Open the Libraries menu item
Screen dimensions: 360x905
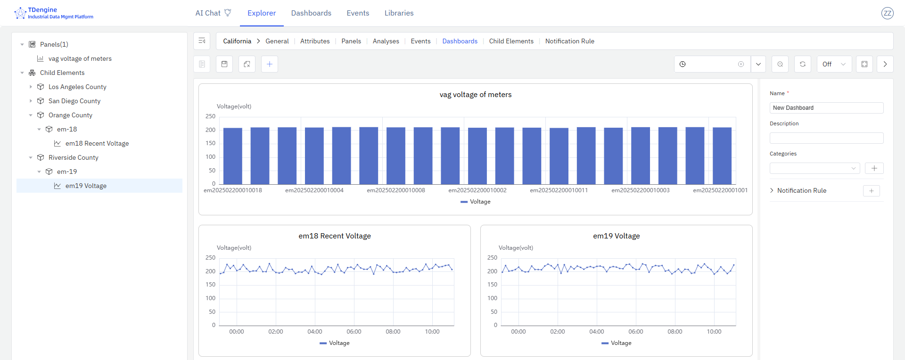click(399, 13)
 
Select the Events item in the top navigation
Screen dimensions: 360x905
click(358, 13)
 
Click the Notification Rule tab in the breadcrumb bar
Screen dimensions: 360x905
click(569, 41)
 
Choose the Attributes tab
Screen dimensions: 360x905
click(315, 41)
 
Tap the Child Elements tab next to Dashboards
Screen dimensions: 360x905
click(511, 41)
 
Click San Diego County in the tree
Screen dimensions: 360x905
click(74, 101)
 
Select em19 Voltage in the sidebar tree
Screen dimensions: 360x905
click(86, 186)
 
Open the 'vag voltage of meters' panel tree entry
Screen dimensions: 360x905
click(80, 58)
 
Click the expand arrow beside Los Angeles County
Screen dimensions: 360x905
click(31, 87)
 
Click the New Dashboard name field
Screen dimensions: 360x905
click(826, 108)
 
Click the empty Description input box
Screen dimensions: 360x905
click(826, 138)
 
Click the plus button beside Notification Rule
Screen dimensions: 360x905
click(871, 191)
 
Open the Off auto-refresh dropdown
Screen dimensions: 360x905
click(834, 64)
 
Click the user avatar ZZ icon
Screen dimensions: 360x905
click(887, 13)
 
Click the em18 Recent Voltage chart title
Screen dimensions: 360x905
click(335, 236)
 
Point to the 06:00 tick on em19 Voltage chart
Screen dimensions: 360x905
click(635, 332)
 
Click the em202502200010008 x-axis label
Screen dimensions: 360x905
click(396, 190)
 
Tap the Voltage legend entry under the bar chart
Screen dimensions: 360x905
click(476, 202)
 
